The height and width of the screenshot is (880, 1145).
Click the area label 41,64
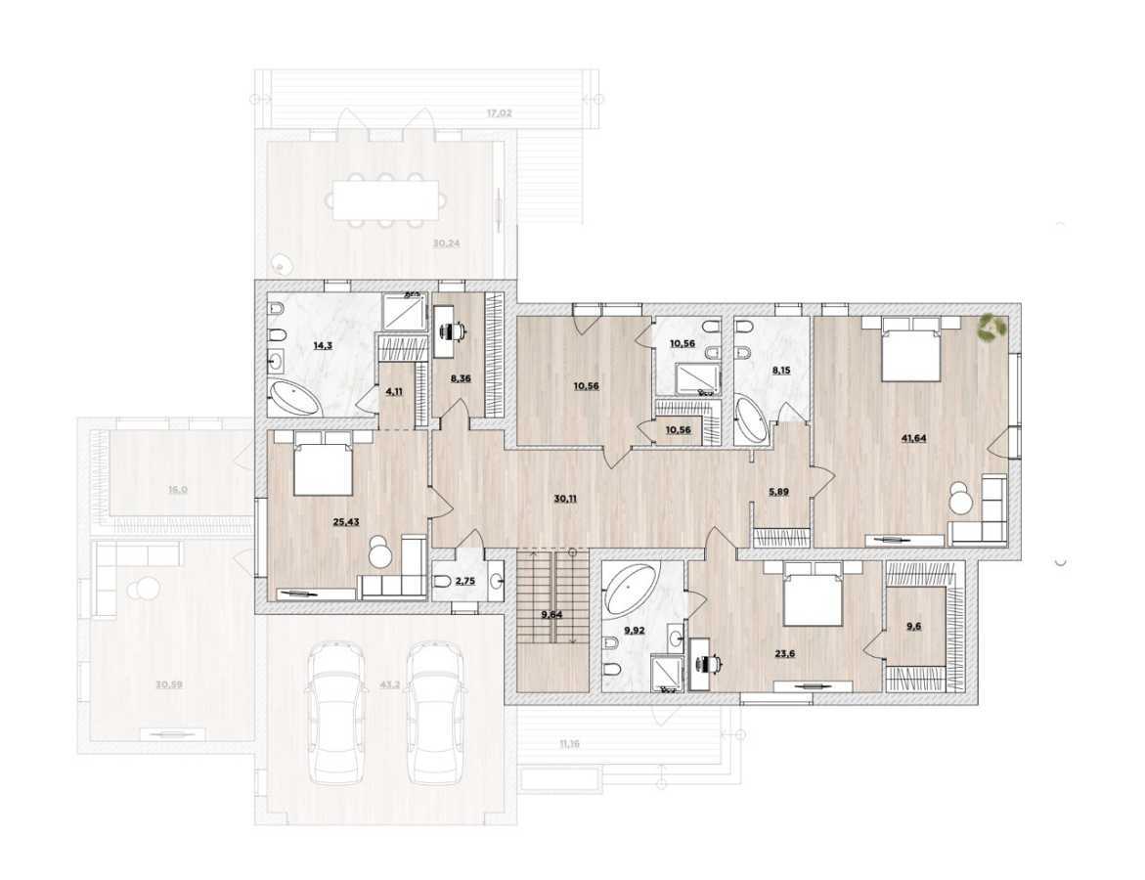913,438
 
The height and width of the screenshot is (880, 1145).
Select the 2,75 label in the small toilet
452,581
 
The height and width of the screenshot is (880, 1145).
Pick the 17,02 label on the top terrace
499,113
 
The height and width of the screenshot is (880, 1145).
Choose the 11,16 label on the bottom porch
569,744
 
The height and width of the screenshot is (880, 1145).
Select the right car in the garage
434,711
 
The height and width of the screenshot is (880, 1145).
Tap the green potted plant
992,327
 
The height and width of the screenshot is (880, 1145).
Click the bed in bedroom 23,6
812,594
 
